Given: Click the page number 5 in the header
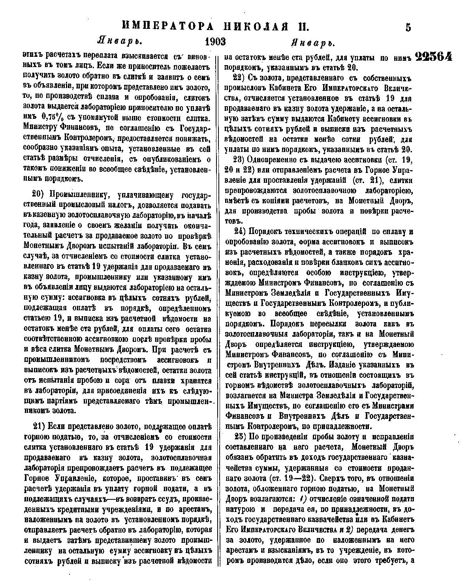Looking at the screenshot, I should [x=408, y=27].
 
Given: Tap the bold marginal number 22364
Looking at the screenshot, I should [x=434, y=57].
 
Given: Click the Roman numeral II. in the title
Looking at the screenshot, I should [x=302, y=26].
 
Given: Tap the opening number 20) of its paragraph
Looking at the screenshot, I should [x=38, y=195].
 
